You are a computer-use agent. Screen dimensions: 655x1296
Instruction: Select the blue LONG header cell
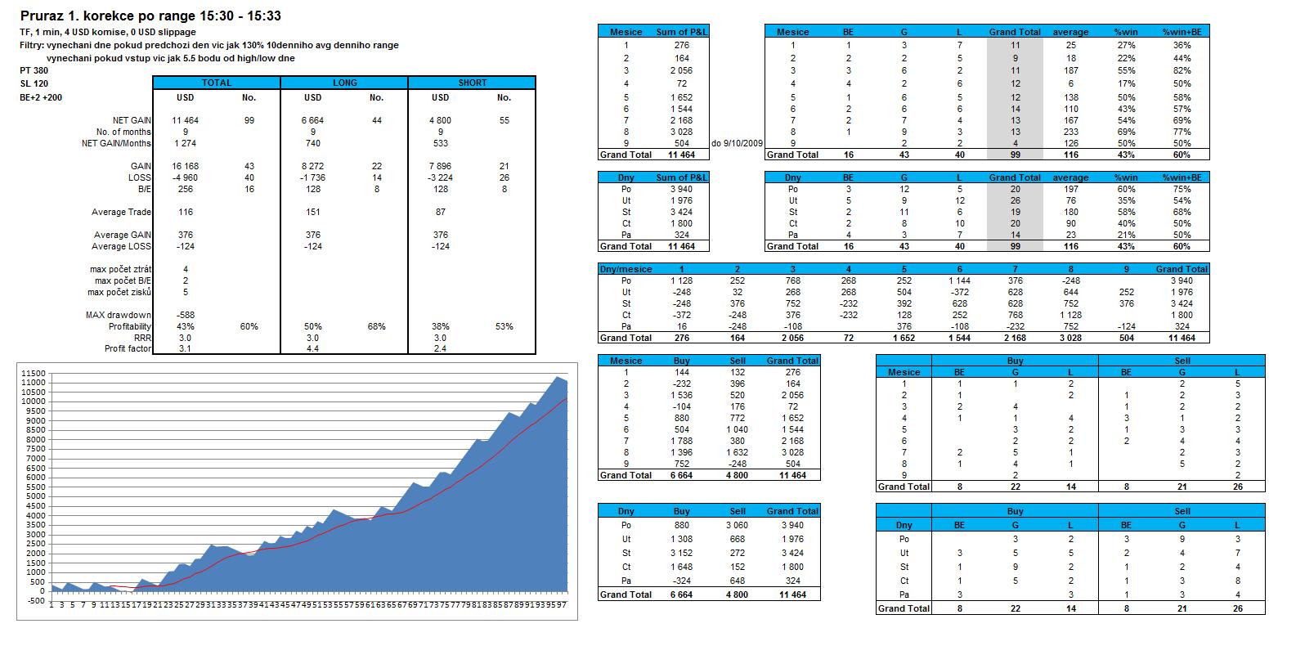[x=344, y=83]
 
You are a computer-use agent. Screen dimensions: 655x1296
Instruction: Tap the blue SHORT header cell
[x=472, y=83]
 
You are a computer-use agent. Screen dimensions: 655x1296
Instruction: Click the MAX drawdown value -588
[x=185, y=315]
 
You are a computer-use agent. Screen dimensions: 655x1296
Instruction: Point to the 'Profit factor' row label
[x=128, y=349]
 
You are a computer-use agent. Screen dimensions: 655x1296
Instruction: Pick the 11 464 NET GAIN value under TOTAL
[x=185, y=120]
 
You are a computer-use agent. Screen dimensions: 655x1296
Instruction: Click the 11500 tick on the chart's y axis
[x=33, y=373]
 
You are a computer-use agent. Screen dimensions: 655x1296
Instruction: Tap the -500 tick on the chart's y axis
[x=35, y=601]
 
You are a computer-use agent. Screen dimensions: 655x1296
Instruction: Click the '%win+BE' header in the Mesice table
[x=1182, y=32]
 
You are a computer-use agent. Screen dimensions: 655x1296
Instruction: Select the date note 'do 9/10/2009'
[x=738, y=143]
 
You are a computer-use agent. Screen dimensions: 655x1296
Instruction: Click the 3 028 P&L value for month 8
[x=682, y=131]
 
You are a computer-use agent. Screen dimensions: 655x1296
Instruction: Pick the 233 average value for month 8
[x=1070, y=131]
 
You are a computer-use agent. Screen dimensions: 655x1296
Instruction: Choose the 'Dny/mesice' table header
[x=626, y=269]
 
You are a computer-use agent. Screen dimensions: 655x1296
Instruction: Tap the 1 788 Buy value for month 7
[x=681, y=441]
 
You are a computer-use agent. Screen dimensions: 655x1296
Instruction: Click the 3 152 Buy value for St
[x=681, y=553]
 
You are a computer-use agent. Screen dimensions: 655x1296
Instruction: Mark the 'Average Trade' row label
[x=121, y=212]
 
